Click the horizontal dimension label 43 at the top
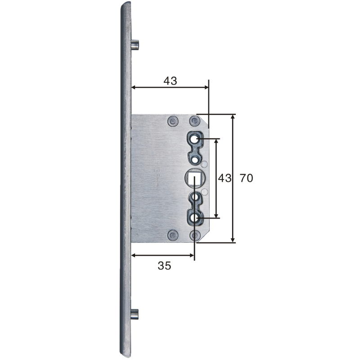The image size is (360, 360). pos(170,81)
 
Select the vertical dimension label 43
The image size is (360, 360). pos(224,178)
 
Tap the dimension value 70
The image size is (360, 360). pos(246,178)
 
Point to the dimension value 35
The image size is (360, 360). pos(164,265)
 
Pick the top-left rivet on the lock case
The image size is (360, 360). pos(173,120)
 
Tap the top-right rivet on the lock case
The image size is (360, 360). pos(194,120)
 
